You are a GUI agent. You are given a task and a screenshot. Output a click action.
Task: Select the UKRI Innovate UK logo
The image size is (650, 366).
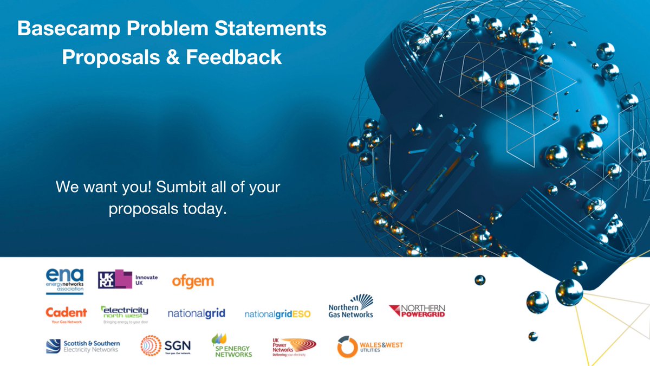click(128, 280)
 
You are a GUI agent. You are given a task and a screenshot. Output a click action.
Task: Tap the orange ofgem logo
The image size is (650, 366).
click(193, 281)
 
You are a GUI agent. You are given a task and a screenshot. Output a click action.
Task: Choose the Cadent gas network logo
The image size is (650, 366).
click(66, 314)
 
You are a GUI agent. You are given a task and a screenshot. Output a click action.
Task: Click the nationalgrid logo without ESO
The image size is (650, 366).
click(196, 314)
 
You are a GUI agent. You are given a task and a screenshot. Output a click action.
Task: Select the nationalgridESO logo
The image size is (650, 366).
click(277, 314)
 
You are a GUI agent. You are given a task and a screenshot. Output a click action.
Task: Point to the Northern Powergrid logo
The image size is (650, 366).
click(417, 312)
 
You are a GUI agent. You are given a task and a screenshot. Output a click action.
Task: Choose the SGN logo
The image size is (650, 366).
click(165, 345)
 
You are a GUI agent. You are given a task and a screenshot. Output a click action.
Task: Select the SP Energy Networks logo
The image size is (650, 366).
click(232, 345)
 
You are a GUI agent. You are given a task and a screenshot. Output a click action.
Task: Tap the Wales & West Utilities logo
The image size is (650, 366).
click(370, 346)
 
